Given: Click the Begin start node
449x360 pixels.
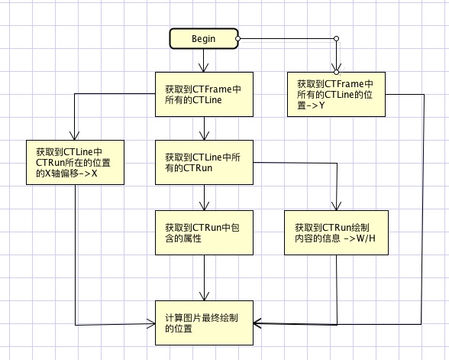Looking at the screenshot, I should pos(202,38).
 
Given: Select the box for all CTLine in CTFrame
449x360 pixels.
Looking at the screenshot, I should pos(203,95).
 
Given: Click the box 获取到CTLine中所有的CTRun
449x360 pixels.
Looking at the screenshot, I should pos(203,162).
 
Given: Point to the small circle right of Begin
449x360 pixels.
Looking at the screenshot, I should pos(238,38).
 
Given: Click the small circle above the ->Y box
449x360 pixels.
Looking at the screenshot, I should pos(337,70).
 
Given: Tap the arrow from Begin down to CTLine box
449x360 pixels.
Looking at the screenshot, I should pos(203,61).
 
